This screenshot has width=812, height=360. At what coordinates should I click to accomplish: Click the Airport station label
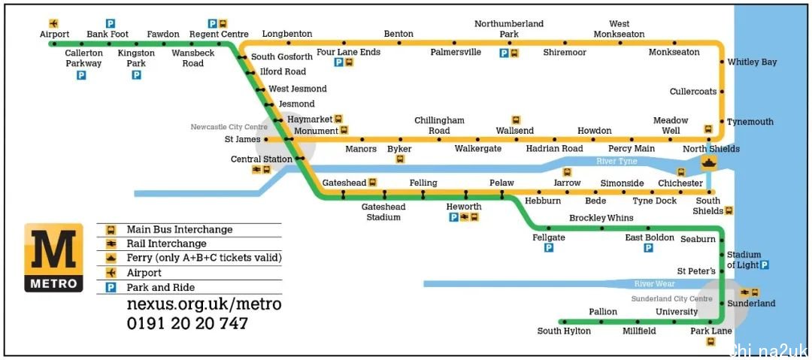point(54,34)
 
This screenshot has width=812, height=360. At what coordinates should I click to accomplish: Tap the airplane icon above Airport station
point(53,23)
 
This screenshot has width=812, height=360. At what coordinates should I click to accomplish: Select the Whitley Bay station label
point(752,62)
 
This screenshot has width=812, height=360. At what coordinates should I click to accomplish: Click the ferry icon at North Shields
point(709,162)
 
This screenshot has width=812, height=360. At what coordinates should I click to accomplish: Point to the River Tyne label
point(617,161)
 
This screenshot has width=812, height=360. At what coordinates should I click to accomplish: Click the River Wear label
point(655,284)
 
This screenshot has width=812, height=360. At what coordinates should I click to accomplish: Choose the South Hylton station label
point(564,331)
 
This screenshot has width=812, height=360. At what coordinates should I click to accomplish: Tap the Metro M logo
point(53,258)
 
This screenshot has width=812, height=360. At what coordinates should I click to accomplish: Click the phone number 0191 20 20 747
point(187,324)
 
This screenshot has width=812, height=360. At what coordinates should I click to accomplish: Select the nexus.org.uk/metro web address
point(204,304)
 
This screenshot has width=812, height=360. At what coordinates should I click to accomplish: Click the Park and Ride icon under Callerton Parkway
point(81,76)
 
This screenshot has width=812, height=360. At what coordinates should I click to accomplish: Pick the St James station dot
point(266,139)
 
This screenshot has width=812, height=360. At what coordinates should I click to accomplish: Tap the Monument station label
point(316,131)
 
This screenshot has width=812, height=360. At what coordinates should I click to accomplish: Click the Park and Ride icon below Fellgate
point(549,248)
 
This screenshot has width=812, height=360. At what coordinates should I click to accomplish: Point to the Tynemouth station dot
point(722,122)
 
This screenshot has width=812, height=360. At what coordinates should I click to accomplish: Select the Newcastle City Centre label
point(229,127)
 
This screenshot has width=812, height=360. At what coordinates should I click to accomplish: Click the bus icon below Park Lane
point(711,341)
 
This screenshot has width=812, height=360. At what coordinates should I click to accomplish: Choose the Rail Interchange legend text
point(167,244)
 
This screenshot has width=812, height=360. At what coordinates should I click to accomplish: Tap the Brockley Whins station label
point(601,217)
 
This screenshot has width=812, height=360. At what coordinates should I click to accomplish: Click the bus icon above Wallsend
point(516,120)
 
